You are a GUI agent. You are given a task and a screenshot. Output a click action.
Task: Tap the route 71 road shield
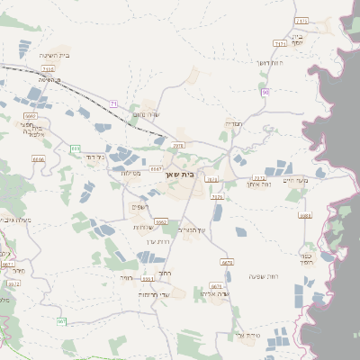click(114, 104)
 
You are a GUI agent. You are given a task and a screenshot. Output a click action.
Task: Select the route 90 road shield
click(265, 93)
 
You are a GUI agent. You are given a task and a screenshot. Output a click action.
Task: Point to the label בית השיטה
click(55, 56)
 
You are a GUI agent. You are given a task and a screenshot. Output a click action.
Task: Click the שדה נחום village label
click(144, 113)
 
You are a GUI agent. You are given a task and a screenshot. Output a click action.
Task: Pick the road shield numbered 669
click(75, 148)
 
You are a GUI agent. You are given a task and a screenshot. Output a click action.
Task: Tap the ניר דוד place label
click(94, 157)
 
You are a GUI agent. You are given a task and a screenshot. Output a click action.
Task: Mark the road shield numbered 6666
click(38, 158)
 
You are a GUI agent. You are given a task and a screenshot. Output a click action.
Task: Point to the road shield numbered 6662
click(161, 220)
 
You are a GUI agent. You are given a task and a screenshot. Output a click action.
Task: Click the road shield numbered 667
click(61, 321)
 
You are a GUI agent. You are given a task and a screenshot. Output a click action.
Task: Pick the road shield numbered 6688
click(305, 216)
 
